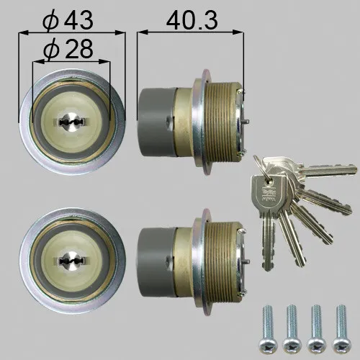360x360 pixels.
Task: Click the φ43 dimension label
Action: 68,20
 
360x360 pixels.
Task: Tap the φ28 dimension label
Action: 68,48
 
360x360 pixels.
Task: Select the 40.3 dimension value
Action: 192,20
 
